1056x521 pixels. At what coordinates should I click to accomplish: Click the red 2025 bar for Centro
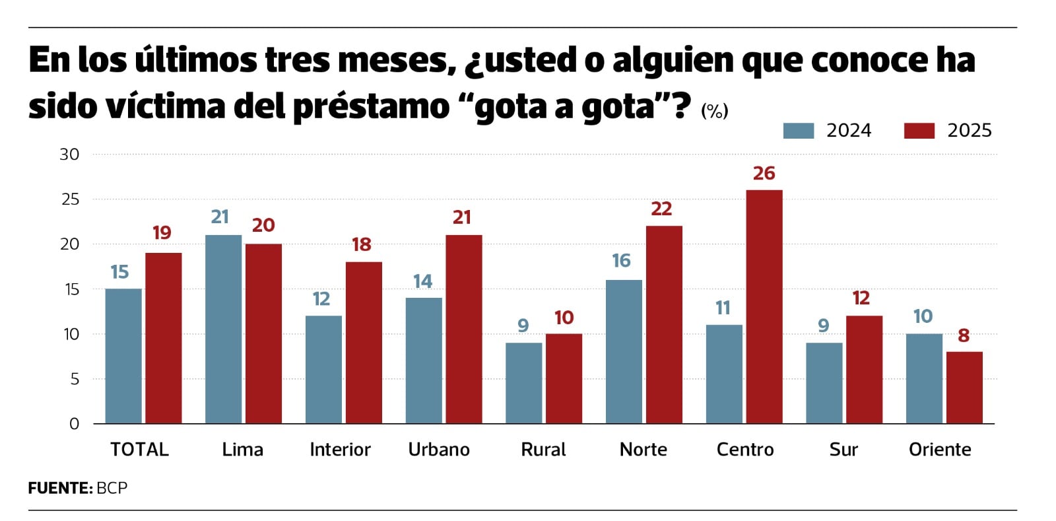pos(764,307)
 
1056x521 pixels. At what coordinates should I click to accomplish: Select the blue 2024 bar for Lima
pos(223,329)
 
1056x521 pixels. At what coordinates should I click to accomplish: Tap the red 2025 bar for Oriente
pos(964,388)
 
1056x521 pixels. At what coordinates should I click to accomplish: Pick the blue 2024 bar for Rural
pos(523,383)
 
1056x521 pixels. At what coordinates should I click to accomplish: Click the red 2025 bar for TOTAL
pos(163,338)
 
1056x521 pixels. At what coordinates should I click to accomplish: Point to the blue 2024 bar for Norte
pos(624,351)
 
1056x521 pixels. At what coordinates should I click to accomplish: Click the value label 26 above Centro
pos(764,174)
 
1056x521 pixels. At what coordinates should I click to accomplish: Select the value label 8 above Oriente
pos(964,335)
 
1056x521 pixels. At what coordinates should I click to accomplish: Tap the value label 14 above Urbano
pos(422,282)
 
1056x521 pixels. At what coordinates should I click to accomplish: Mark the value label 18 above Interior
pos(361,245)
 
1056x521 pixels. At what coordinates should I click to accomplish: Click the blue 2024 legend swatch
pos(798,131)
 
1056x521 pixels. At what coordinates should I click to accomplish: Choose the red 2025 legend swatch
pos(919,131)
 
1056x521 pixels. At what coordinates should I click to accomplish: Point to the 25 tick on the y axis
pos(70,199)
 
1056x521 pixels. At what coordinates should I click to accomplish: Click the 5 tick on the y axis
pos(75,379)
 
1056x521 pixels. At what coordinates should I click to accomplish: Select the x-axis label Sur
pos(843,450)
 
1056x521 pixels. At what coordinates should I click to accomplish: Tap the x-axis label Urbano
pos(438,450)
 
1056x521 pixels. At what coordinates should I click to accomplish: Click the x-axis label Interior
pos(340,450)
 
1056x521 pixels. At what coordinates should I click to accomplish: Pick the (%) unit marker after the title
pos(714,111)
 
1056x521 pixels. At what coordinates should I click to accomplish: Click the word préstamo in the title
pos(370,106)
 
